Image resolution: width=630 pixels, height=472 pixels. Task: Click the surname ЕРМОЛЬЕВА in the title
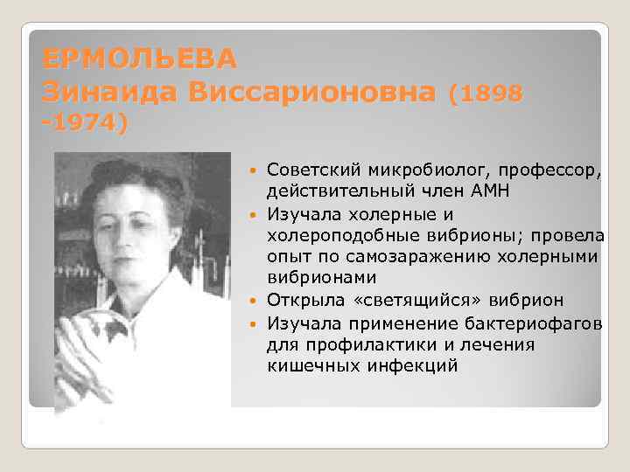click(x=139, y=59)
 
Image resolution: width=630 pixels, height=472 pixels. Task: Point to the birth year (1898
click(x=486, y=91)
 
